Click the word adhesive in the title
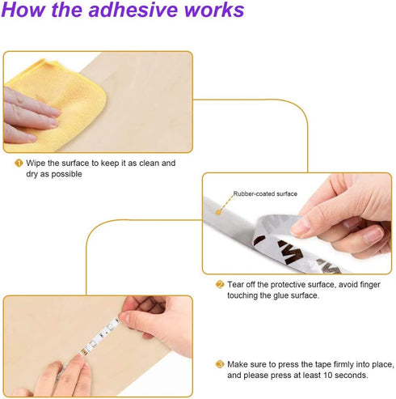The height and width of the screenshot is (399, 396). [134, 10]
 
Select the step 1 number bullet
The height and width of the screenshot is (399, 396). [19, 163]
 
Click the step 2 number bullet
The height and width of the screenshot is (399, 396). [220, 284]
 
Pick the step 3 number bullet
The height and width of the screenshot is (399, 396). [220, 364]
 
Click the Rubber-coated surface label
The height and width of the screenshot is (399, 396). [265, 193]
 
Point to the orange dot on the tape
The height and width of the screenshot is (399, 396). [218, 212]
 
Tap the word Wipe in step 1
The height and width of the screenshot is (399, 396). [36, 163]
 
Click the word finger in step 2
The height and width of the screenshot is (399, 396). [369, 285]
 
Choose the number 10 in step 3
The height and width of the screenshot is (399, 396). [328, 376]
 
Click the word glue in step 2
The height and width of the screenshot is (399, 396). [282, 296]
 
